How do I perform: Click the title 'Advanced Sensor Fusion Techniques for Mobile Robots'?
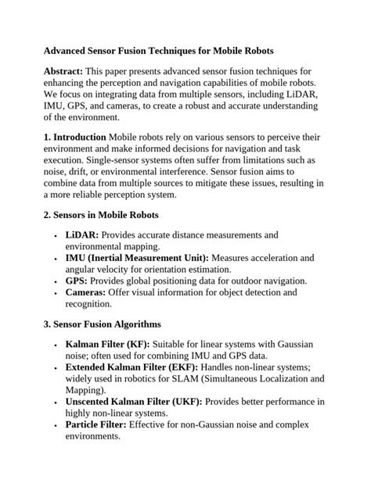tap(159, 50)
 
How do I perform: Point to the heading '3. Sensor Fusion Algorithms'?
tap(103, 324)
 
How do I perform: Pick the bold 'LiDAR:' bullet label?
tap(82, 234)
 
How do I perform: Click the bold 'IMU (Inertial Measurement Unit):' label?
tap(137, 257)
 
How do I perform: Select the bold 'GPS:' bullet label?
tap(77, 280)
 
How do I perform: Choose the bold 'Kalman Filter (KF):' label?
tap(106, 344)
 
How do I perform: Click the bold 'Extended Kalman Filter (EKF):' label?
tap(132, 367)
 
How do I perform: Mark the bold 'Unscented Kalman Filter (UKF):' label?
tap(134, 402)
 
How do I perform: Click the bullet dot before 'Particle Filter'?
tap(55, 426)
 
